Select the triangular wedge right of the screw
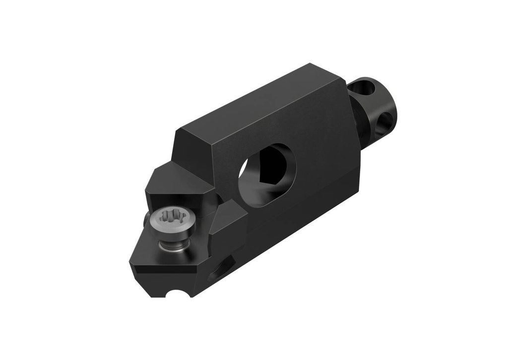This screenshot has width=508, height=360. (x=226, y=221)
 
